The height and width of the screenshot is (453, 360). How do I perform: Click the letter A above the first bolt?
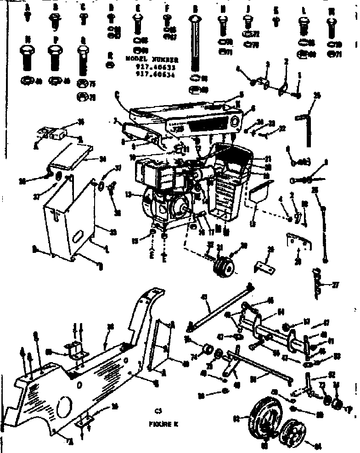28,8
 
